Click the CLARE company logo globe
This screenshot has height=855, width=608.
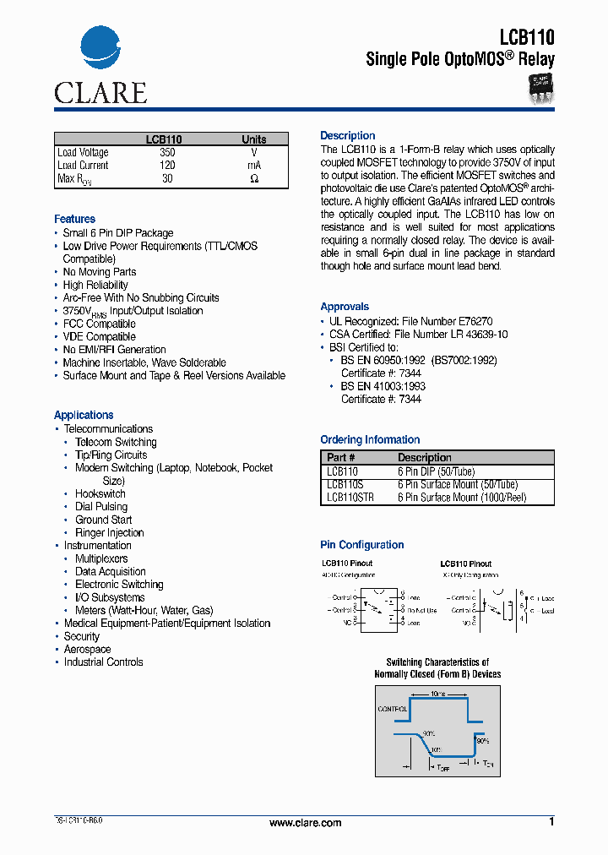tap(100, 51)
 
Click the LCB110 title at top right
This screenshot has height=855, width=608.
tap(526, 36)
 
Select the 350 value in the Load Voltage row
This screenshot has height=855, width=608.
tap(167, 153)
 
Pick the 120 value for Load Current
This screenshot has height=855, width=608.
tap(167, 166)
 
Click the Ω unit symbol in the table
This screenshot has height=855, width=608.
tap(253, 179)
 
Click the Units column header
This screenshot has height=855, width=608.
tap(253, 139)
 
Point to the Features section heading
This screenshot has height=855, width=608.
tap(74, 219)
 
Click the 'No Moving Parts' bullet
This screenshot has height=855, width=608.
tap(99, 272)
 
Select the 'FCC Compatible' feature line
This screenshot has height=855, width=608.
tap(99, 324)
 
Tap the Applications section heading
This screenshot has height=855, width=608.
tap(84, 415)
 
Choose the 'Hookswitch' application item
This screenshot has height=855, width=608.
tap(100, 493)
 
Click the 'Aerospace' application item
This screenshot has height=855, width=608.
tap(87, 649)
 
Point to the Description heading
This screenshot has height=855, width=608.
tap(347, 135)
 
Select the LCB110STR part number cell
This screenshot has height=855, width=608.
tap(350, 498)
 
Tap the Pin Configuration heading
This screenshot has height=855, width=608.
tap(361, 545)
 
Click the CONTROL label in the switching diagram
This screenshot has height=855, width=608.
tap(393, 709)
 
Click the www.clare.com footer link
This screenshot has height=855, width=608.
tap(305, 823)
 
